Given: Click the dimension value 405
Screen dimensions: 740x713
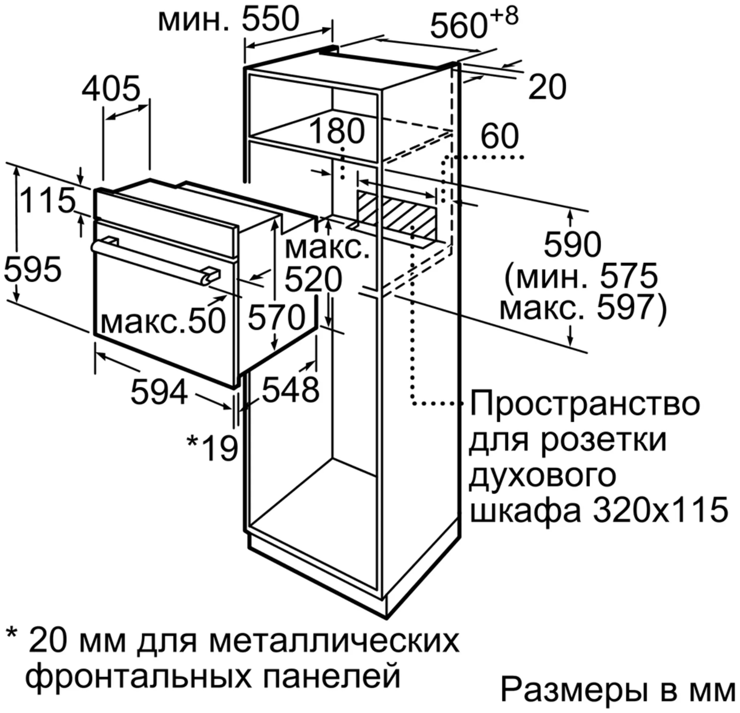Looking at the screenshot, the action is [x=111, y=89].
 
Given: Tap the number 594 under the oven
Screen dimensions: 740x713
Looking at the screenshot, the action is [x=159, y=392].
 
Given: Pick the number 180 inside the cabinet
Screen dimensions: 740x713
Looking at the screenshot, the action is [x=337, y=131].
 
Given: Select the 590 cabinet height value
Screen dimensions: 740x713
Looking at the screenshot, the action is [x=573, y=245].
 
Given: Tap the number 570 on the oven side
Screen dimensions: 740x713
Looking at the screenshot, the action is [x=277, y=317].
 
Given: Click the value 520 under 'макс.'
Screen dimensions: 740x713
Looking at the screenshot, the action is [x=313, y=280].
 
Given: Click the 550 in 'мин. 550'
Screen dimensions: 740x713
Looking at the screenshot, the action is [x=271, y=19].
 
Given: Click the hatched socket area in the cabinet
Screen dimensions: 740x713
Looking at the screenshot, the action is [x=397, y=215].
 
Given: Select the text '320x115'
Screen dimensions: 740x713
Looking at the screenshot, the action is [x=660, y=510].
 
